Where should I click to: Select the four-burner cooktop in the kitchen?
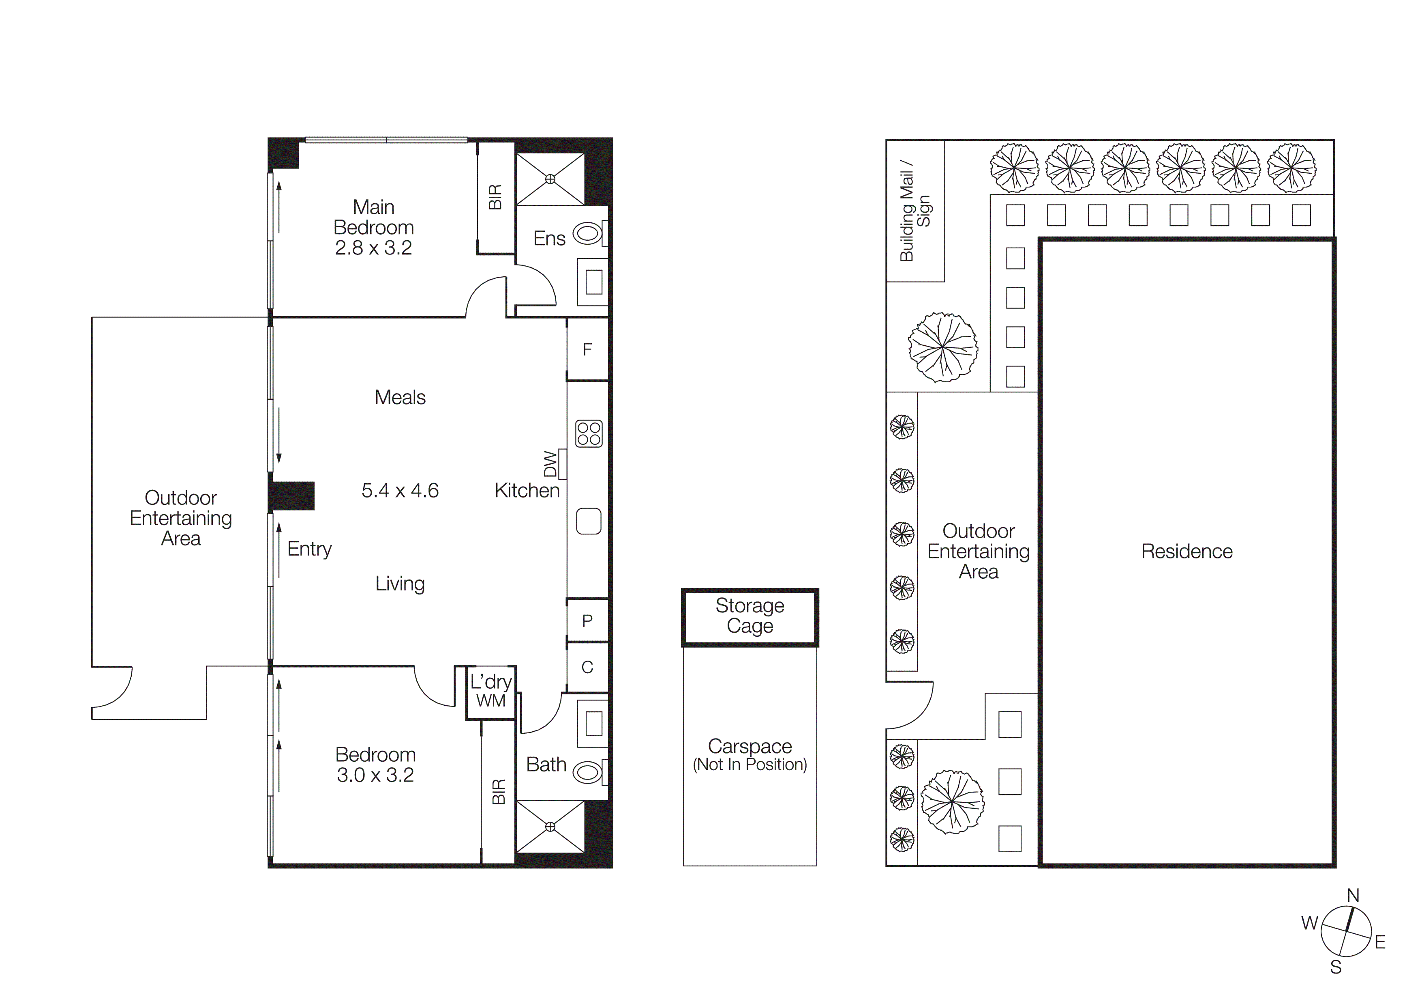click(x=588, y=434)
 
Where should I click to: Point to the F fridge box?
click(x=587, y=349)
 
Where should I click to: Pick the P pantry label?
click(x=587, y=620)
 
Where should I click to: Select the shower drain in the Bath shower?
click(x=550, y=827)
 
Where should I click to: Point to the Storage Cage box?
click(x=750, y=616)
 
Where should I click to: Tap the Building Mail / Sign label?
click(x=915, y=211)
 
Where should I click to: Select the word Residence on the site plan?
click(x=1186, y=551)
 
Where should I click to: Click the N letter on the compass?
click(x=1353, y=896)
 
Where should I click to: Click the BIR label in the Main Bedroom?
click(x=495, y=197)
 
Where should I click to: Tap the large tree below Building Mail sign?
click(x=942, y=347)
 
